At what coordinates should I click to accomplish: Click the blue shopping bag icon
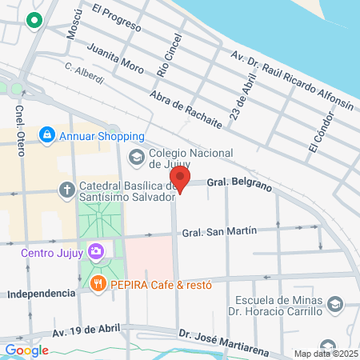coord(48,134)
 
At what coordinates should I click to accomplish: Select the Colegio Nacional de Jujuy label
coord(190,160)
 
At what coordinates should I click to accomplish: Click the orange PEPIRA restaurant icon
coord(97,282)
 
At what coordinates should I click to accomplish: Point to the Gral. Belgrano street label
coord(239,183)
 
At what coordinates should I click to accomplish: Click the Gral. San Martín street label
coord(219,232)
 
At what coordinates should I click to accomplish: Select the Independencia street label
coord(41,294)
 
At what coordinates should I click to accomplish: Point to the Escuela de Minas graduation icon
coord(335,305)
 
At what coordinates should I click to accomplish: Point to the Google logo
coord(26,350)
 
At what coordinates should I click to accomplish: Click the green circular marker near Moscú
coord(34,20)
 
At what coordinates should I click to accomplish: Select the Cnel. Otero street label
coord(21,122)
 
